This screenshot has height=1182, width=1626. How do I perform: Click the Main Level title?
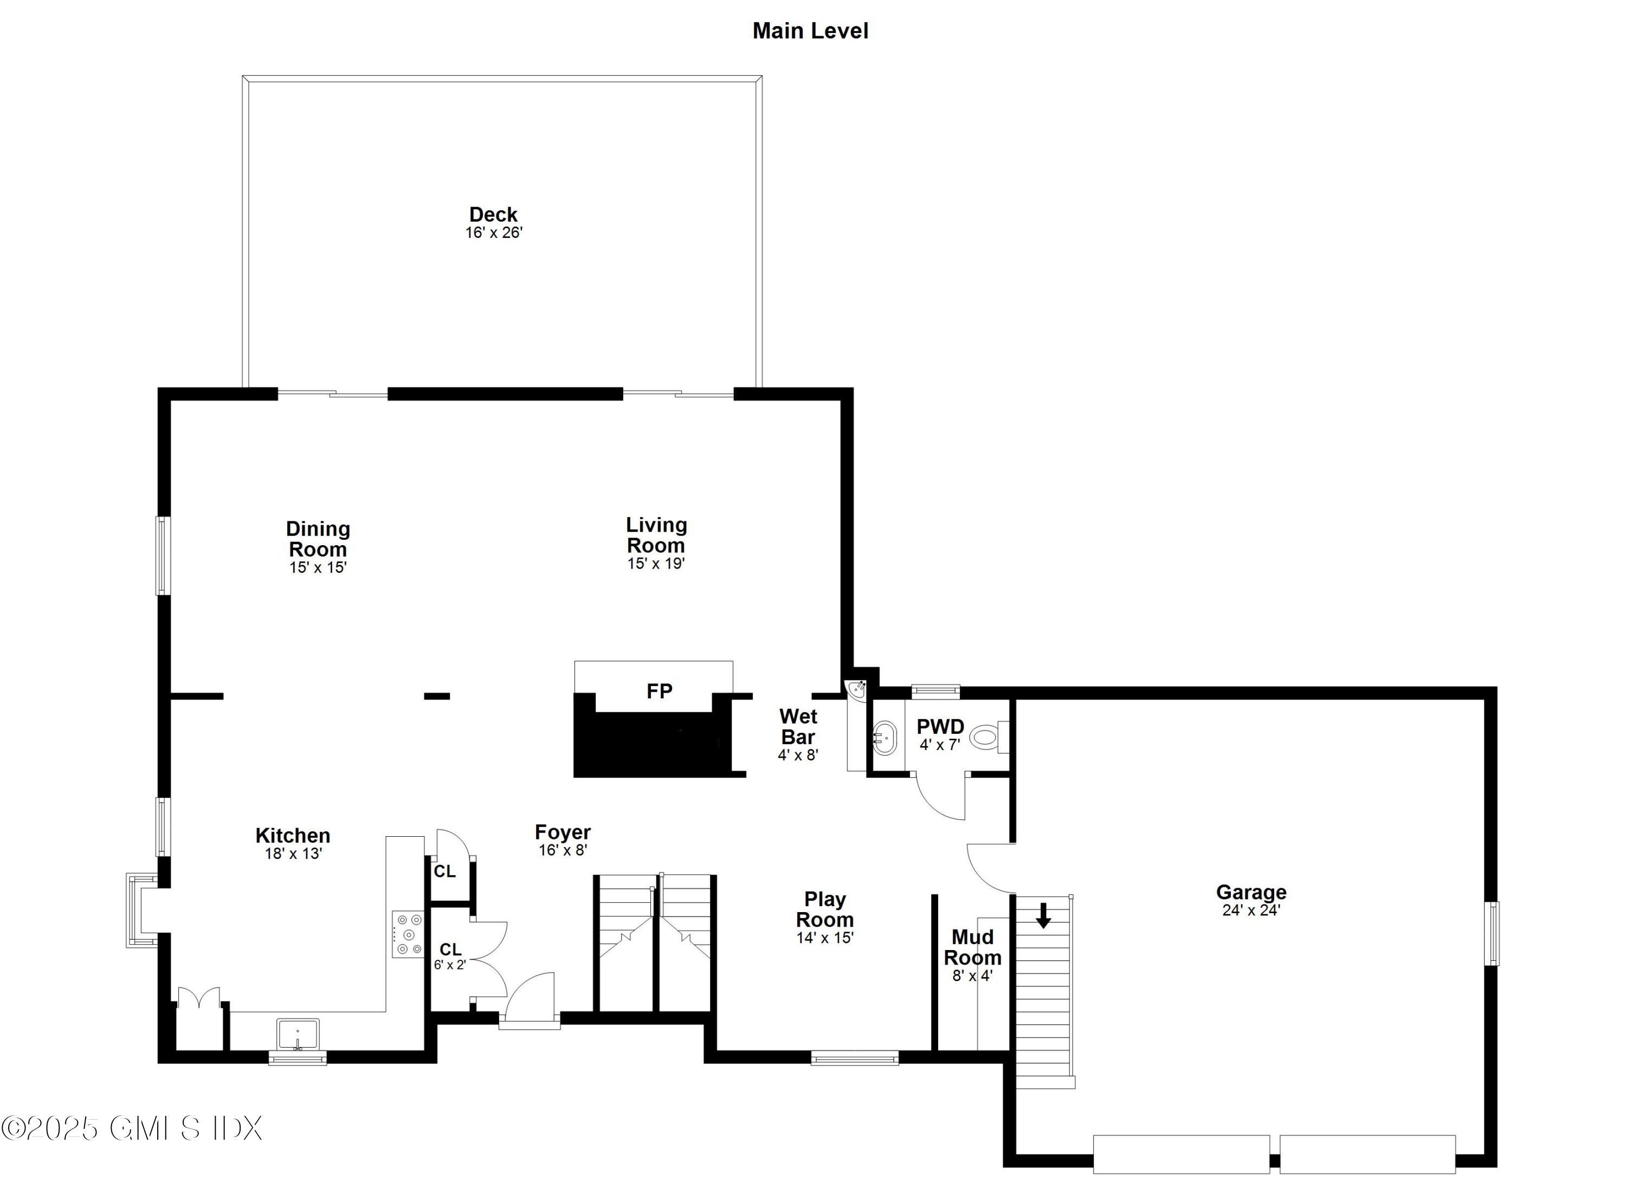[810, 31]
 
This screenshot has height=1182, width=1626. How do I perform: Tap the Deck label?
[493, 214]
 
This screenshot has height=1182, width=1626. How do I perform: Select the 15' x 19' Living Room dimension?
[656, 564]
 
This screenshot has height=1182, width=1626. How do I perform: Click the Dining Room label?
[318, 539]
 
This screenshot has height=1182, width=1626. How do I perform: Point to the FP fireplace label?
[660, 691]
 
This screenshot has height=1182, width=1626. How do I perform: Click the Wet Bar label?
[798, 727]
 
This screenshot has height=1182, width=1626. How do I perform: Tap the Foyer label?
[563, 832]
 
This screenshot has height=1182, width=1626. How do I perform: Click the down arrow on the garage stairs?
[1043, 915]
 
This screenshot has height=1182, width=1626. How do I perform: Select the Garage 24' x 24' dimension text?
[1251, 910]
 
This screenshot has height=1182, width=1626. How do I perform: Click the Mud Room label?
[972, 947]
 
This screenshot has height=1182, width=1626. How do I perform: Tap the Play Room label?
[824, 909]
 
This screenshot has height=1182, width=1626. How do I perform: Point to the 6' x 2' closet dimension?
[449, 965]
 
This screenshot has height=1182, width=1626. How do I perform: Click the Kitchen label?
[293, 836]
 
